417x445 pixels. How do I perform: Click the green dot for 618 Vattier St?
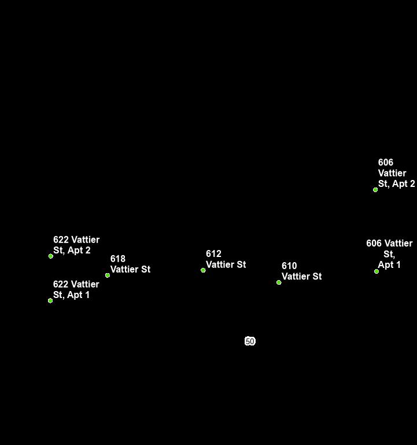point(108,275)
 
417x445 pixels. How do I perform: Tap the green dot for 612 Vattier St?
point(203,270)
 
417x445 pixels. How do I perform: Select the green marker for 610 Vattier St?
point(279,282)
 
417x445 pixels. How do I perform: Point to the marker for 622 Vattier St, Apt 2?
point(51,256)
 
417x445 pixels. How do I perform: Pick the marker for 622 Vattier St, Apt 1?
point(50,300)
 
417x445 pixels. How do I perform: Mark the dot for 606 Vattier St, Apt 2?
point(375,189)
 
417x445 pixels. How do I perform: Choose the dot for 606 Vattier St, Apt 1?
point(377,271)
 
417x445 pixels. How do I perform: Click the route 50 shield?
point(250,341)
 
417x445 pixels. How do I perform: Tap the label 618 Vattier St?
point(130,264)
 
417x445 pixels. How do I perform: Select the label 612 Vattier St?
point(226,259)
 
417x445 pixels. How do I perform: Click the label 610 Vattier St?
point(301,271)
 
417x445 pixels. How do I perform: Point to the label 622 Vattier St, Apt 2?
point(76,245)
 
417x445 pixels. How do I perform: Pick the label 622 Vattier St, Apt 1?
point(76,290)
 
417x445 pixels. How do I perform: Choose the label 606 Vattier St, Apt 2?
point(396,173)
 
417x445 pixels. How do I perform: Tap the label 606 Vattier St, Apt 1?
point(389,254)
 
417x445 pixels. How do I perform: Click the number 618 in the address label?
point(118,259)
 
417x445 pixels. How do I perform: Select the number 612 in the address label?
point(213,254)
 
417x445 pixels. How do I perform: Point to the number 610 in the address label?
point(289,266)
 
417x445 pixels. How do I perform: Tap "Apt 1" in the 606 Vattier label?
point(389,265)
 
